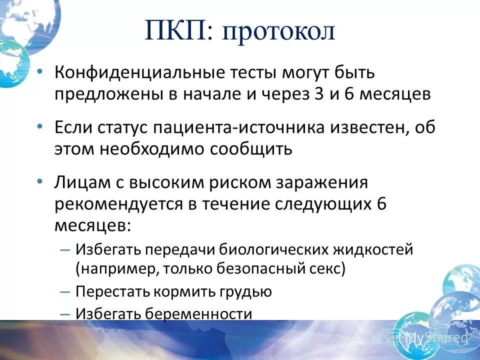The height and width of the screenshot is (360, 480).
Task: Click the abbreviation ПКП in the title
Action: (177, 31)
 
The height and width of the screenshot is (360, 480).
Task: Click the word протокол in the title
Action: (278, 32)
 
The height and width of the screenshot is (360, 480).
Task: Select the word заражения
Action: (322, 182)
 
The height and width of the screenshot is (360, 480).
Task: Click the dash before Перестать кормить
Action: (65, 291)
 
